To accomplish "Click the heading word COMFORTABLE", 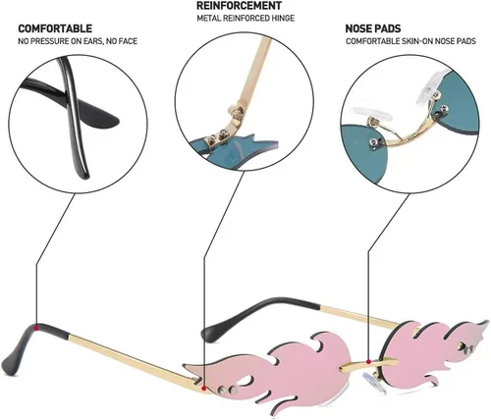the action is tap(55, 28).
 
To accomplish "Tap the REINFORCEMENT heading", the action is tap(239, 6).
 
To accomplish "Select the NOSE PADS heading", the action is tap(373, 28).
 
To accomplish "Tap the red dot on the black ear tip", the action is tap(37, 328).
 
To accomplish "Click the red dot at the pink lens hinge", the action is tap(204, 389).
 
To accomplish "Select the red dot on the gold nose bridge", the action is tap(368, 361).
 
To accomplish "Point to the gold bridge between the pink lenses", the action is tap(368, 364).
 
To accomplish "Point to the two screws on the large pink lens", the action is tap(229, 390).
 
